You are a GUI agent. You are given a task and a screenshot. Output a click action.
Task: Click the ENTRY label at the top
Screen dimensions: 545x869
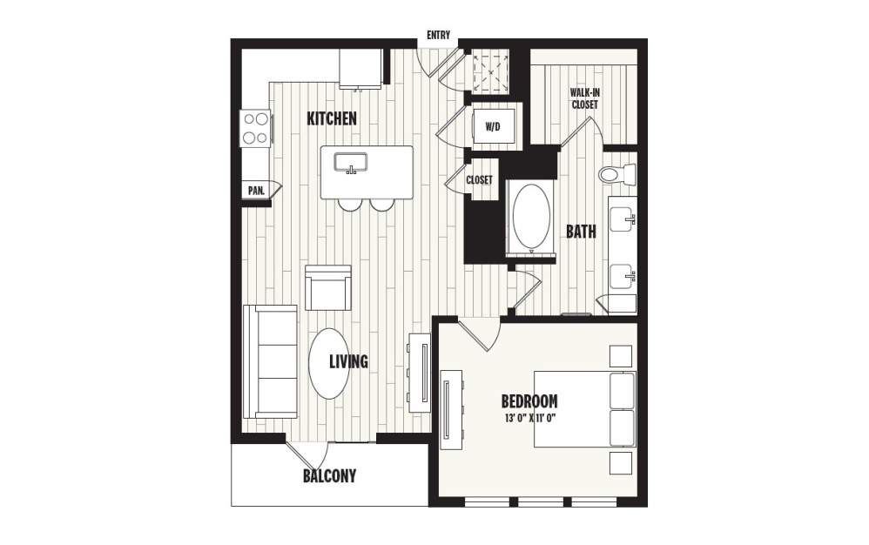click(x=437, y=36)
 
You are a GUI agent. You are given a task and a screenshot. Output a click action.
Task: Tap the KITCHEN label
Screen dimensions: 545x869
click(x=332, y=118)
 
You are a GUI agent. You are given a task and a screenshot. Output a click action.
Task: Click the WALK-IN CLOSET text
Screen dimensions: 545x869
click(x=584, y=98)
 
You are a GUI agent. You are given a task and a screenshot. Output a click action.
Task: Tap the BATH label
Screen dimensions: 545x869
click(x=581, y=232)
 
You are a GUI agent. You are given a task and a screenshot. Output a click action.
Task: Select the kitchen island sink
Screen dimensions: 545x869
click(x=353, y=164)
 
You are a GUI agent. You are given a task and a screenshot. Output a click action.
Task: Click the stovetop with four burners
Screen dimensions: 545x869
click(x=255, y=128)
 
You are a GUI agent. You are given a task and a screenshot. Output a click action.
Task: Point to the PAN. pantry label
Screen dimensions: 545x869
click(x=255, y=191)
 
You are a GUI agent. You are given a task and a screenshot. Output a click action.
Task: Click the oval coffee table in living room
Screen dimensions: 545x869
click(x=330, y=362)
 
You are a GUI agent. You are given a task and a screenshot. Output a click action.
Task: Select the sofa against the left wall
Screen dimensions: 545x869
click(x=269, y=361)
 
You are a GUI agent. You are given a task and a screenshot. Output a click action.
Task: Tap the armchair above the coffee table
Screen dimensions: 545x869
click(x=328, y=288)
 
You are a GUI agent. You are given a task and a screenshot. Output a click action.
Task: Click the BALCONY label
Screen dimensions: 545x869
click(x=329, y=476)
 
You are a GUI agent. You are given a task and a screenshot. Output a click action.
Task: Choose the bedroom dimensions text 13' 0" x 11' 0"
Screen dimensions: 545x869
click(x=529, y=418)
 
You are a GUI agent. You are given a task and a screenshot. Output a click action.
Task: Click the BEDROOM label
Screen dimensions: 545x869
click(x=529, y=401)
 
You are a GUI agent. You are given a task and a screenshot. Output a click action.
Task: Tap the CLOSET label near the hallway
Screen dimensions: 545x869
click(x=479, y=180)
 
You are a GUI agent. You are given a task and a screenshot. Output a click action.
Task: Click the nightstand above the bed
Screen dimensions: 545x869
click(x=620, y=356)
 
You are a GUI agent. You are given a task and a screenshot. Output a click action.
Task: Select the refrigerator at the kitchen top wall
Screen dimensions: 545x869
click(x=360, y=68)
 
